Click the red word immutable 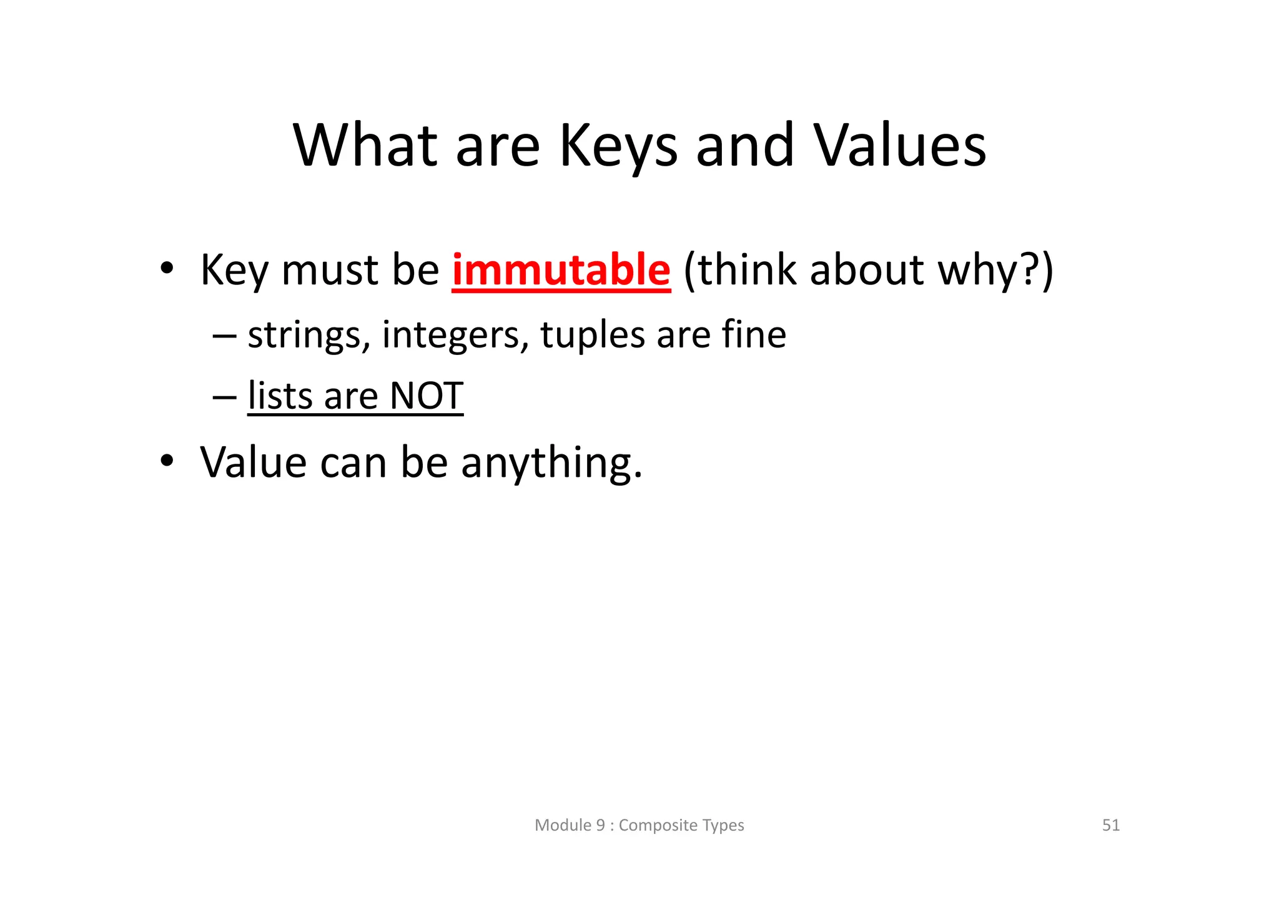[561, 271]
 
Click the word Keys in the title [617, 147]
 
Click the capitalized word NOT [426, 396]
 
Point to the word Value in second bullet [254, 462]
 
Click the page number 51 [1110, 826]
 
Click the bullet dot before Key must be [166, 269]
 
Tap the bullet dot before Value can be [166, 461]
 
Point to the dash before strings [224, 336]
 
